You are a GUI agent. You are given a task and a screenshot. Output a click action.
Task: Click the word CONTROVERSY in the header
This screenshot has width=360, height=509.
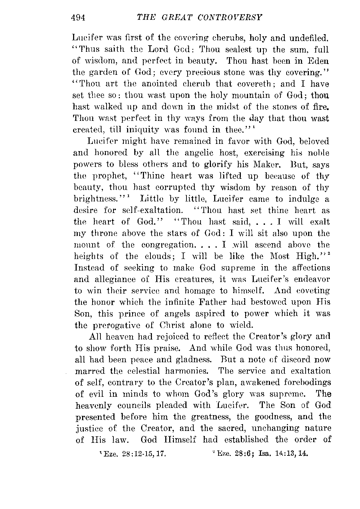228,17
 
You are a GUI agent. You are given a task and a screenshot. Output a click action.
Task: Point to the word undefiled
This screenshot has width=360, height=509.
309,37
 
